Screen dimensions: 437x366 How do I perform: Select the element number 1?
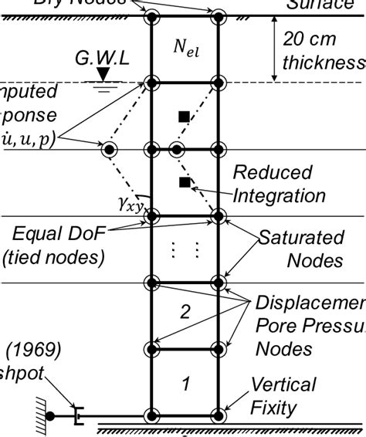(185, 382)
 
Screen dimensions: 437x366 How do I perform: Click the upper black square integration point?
(184, 117)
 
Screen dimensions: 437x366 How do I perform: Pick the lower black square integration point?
(184, 182)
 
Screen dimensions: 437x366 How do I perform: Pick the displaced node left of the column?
(110, 149)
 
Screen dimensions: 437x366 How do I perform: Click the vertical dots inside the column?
(186, 249)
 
